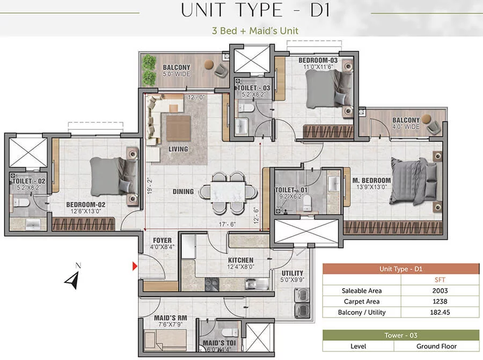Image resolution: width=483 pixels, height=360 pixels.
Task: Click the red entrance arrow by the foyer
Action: (x=135, y=266)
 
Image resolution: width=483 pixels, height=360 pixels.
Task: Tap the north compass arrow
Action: (x=72, y=280)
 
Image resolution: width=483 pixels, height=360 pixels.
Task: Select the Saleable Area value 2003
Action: (x=440, y=291)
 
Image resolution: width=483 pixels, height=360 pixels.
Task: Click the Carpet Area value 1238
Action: (x=440, y=302)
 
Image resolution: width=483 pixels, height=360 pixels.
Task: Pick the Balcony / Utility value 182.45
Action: (x=440, y=312)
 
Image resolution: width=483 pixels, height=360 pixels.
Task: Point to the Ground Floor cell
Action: (x=436, y=346)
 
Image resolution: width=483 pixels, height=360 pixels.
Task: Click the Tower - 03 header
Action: (x=401, y=335)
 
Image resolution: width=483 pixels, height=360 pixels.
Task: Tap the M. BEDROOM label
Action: (x=371, y=180)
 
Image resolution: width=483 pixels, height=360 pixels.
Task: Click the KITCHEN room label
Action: (x=240, y=260)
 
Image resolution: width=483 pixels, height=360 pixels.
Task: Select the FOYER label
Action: (x=162, y=240)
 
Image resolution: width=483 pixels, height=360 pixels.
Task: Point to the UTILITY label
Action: (x=292, y=273)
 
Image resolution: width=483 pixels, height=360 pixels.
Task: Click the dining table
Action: (x=228, y=192)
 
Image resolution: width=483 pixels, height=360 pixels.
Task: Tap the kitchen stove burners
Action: (x=212, y=284)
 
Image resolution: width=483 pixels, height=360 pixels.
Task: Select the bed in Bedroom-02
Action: (x=114, y=176)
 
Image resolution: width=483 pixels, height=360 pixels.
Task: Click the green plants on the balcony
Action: (x=149, y=70)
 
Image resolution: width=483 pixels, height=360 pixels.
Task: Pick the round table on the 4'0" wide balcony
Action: (x=427, y=119)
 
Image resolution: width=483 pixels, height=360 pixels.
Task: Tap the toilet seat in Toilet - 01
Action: (x=307, y=202)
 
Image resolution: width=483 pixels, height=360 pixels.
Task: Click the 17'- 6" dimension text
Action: (x=227, y=224)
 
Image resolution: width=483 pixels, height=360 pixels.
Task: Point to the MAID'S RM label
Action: (x=170, y=318)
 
